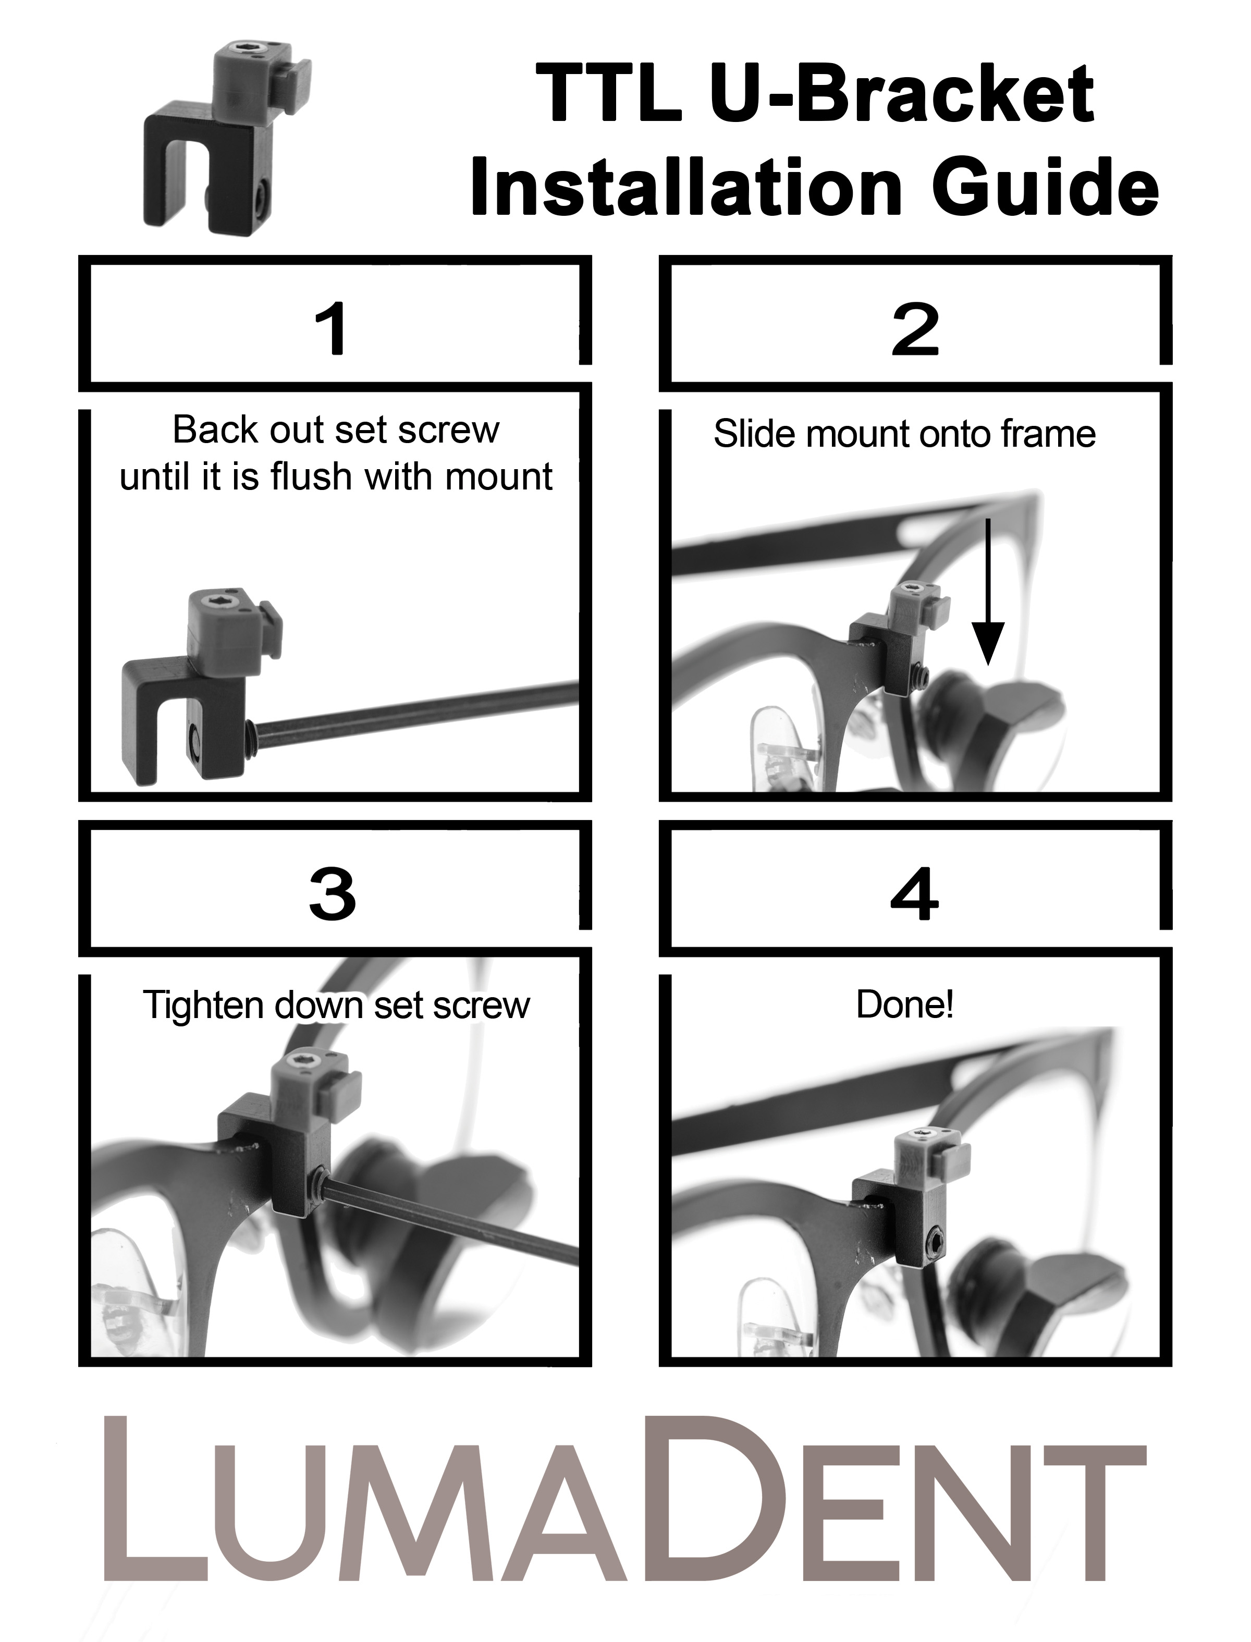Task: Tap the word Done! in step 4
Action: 905,1004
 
